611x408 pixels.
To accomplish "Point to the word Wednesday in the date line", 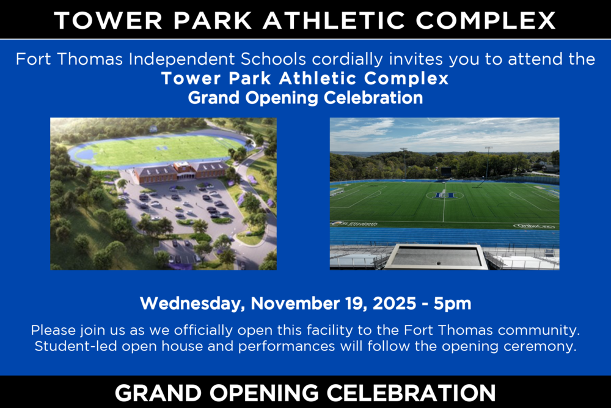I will pyautogui.click(x=192, y=303).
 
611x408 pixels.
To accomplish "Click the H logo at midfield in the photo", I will pyautogui.click(x=444, y=195).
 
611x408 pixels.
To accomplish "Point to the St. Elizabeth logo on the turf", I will pyautogui.click(x=354, y=224).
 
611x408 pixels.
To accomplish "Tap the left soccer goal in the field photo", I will pyautogui.click(x=337, y=191).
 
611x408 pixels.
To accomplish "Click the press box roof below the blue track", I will pyautogui.click(x=436, y=256).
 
